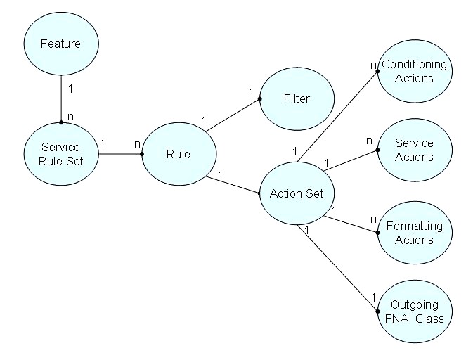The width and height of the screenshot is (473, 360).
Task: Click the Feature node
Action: coord(60,44)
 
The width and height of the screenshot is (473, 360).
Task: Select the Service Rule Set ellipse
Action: coord(60,155)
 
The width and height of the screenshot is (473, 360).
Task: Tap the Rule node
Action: coord(178,155)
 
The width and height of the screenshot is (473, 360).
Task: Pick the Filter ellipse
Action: coord(296,99)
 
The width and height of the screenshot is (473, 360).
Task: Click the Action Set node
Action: coord(296,193)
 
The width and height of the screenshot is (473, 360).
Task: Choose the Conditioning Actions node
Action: coord(414,72)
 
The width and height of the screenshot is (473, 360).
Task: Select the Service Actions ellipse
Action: coord(414,150)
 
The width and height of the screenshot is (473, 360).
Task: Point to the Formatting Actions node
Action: coord(414,233)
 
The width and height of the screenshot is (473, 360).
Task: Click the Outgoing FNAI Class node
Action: coord(414,311)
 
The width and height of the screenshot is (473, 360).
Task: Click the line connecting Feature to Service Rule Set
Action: coord(60,98)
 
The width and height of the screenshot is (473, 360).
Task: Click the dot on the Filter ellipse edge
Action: coord(260,98)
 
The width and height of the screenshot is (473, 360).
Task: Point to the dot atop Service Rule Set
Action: coord(60,122)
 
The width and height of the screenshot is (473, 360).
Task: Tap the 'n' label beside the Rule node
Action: coord(138,143)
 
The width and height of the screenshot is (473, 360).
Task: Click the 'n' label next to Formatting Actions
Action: coord(374,219)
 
